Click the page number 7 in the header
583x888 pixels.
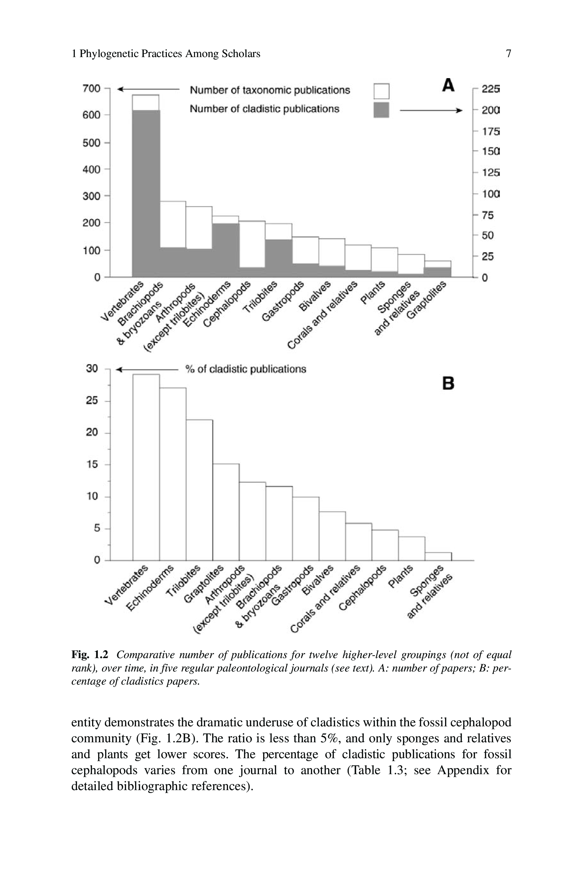pyautogui.click(x=508, y=54)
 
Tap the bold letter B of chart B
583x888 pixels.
pyautogui.click(x=448, y=383)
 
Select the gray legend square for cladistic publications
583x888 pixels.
pyautogui.click(x=381, y=110)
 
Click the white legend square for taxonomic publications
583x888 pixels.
pyautogui.click(x=381, y=91)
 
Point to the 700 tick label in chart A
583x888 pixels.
pyautogui.click(x=91, y=89)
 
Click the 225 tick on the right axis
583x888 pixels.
pyautogui.click(x=490, y=89)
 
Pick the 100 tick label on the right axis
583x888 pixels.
pyautogui.click(x=490, y=194)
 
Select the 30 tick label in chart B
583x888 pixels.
pyautogui.click(x=92, y=369)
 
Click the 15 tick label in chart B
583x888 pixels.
pyautogui.click(x=92, y=465)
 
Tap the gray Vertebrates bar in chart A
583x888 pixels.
pyautogui.click(x=146, y=194)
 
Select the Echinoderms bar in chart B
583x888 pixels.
pyautogui.click(x=173, y=474)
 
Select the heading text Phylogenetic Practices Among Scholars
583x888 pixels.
pyautogui.click(x=169, y=54)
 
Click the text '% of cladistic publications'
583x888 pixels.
pyautogui.click(x=246, y=369)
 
